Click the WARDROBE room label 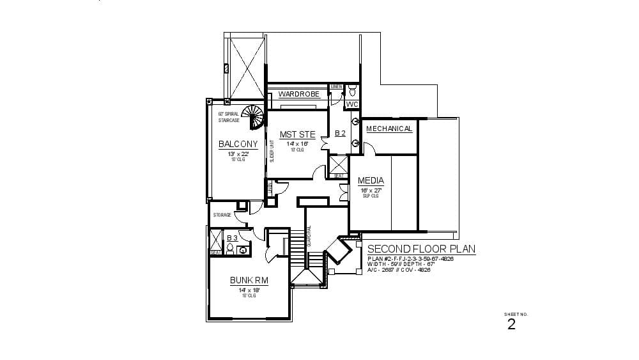click(298, 94)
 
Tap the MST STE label click(297, 134)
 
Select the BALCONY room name click(238, 145)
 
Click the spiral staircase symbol click(255, 116)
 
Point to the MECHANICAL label click(389, 129)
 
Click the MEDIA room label click(371, 181)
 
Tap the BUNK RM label click(249, 280)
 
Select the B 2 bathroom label click(340, 134)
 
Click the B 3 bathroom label click(232, 238)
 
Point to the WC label click(352, 104)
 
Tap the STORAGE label click(222, 215)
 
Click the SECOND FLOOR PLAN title click(421, 249)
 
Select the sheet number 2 click(511, 324)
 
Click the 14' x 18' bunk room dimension click(249, 290)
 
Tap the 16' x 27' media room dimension click(371, 190)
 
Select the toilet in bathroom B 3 click(243, 249)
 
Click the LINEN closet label click(336, 86)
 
